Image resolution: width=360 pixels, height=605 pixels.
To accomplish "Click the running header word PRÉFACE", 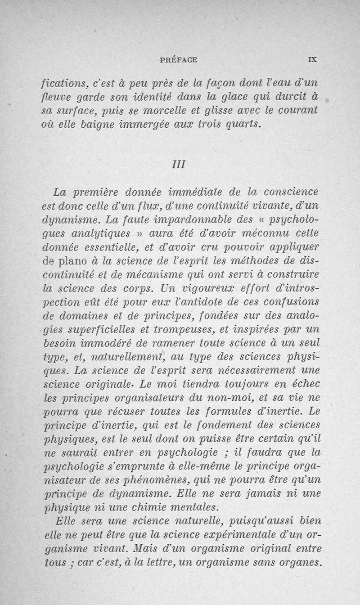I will click(x=179, y=59).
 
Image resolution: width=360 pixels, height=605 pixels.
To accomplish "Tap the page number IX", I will click(x=313, y=59).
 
